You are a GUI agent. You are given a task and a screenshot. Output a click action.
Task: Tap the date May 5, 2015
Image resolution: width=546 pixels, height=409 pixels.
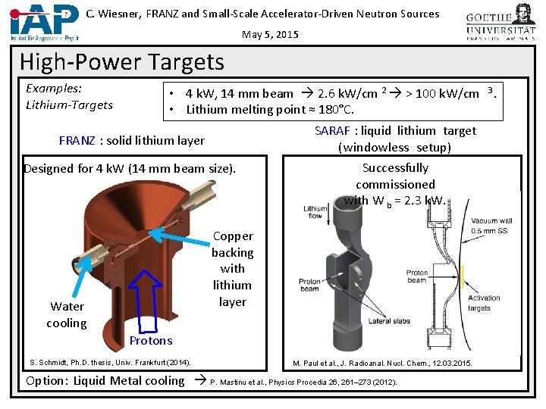point(270,34)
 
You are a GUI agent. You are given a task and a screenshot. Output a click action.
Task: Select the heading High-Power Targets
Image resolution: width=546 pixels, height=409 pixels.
point(122,61)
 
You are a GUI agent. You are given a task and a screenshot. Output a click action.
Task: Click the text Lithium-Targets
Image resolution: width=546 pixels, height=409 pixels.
point(69,105)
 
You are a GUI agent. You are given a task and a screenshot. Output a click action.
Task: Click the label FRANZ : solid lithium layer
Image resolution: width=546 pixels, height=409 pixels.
point(132,140)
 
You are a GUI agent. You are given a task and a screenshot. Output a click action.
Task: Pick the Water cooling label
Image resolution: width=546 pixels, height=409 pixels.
point(67,314)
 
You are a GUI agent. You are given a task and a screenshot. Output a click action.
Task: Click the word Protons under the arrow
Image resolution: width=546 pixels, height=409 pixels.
point(151,341)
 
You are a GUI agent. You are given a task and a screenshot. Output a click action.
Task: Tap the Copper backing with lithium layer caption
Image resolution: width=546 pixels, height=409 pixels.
point(232,269)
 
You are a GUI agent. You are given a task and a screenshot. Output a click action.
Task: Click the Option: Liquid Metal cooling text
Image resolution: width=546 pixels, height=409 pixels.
point(105,380)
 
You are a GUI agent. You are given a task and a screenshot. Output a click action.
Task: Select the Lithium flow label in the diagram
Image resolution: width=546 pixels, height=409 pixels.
point(315,212)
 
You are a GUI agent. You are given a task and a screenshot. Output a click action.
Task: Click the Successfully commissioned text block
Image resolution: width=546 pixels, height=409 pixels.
point(395,184)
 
